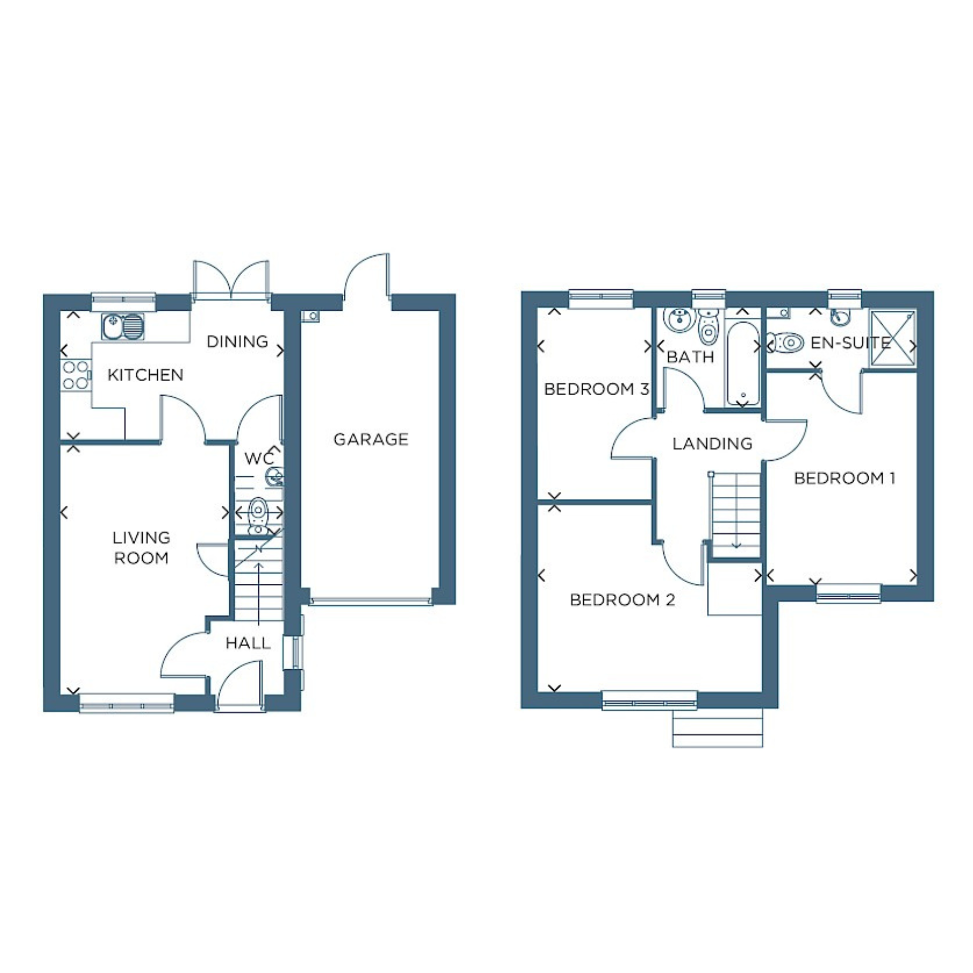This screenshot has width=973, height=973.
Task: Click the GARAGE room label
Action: click(x=371, y=439)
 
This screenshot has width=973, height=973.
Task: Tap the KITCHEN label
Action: click(x=145, y=375)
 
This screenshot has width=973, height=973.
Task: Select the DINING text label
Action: click(x=237, y=342)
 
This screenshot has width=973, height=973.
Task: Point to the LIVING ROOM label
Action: click(x=141, y=548)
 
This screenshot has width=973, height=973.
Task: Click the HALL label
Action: click(x=248, y=643)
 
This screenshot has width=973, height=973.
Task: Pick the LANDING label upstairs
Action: click(x=712, y=444)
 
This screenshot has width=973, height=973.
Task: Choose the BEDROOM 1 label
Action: click(x=844, y=478)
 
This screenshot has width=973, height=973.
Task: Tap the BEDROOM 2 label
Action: click(x=622, y=600)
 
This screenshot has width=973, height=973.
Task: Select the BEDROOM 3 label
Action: click(x=597, y=389)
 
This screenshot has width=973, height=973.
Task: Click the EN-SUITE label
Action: click(x=851, y=343)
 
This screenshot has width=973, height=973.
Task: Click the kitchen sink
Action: click(x=123, y=327)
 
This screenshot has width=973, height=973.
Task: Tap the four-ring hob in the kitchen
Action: click(x=76, y=375)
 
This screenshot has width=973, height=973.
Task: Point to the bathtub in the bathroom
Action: click(x=743, y=363)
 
